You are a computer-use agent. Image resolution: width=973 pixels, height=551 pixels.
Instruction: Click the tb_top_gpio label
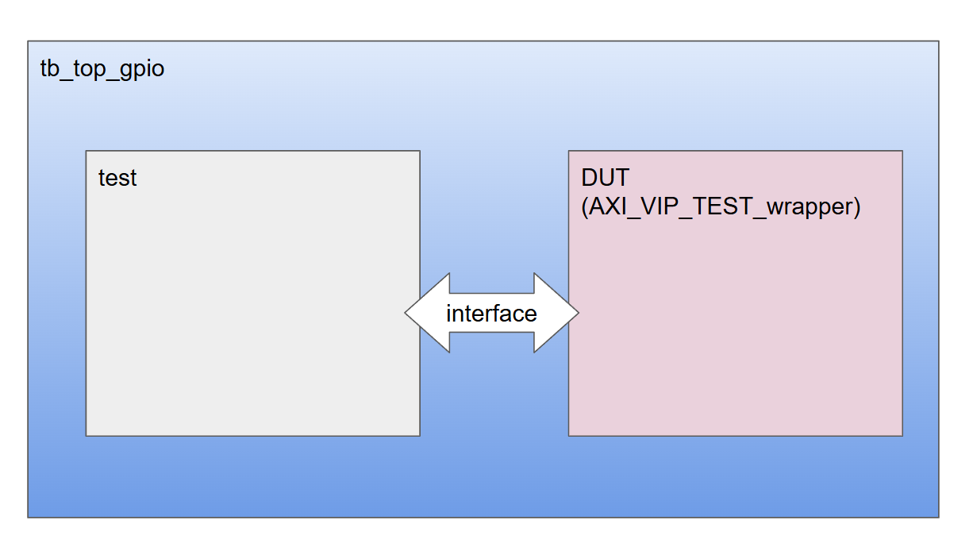coord(102,69)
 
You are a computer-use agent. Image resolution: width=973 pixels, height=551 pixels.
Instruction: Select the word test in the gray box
coord(117,178)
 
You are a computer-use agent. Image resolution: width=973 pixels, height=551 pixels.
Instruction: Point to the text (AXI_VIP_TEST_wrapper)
coord(721,207)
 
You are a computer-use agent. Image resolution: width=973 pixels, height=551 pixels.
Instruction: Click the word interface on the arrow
coord(491,314)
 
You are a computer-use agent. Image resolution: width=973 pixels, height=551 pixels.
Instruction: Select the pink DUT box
coord(735,333)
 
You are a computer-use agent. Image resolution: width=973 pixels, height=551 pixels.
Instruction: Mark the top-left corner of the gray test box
coord(87,151)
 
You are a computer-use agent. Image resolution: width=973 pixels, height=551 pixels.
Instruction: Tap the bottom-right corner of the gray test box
coord(419,435)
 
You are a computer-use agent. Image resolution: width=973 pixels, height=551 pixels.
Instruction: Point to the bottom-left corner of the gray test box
coord(87,435)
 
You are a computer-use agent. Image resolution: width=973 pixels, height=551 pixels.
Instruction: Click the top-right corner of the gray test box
coord(419,151)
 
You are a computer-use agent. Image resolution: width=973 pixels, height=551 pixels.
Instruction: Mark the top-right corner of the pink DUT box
coord(902,151)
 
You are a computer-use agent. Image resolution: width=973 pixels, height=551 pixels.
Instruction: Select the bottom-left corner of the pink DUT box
coord(569,435)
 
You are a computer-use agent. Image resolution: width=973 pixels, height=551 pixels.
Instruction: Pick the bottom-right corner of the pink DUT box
coord(902,435)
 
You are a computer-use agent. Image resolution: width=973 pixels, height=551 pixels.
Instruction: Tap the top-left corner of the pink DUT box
coord(569,151)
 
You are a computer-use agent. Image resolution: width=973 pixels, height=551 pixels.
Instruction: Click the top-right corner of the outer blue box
coord(938,41)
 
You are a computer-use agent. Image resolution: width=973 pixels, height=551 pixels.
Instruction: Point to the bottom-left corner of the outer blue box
coord(29,517)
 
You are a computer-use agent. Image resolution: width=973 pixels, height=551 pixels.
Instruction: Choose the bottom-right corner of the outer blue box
coord(938,517)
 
